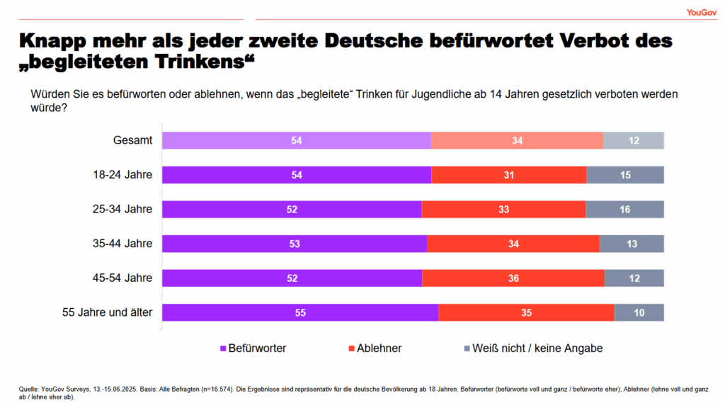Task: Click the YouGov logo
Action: pyautogui.click(x=701, y=12)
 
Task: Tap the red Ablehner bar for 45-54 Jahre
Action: pyautogui.click(x=513, y=278)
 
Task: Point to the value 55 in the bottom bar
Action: pyautogui.click(x=299, y=313)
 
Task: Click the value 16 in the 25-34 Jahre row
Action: pyautogui.click(x=625, y=210)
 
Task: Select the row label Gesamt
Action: pyautogui.click(x=132, y=140)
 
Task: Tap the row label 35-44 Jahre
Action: pyautogui.click(x=122, y=244)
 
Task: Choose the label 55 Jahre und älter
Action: pyautogui.click(x=108, y=312)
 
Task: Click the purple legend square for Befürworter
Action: pyautogui.click(x=222, y=348)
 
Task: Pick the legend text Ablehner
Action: pyautogui.click(x=379, y=348)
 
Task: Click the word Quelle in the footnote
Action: pyautogui.click(x=29, y=388)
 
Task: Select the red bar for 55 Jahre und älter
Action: pyautogui.click(x=525, y=312)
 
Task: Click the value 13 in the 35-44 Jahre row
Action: pyautogui.click(x=632, y=244)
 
